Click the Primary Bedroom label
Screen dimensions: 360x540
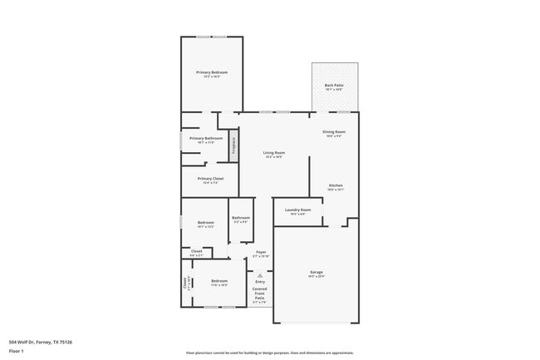pyautogui.click(x=212, y=72)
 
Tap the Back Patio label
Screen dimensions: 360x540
pyautogui.click(x=334, y=86)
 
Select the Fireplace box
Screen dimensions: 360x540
pyautogui.click(x=234, y=147)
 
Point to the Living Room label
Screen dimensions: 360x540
pyautogui.click(x=274, y=153)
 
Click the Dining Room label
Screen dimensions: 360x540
pyautogui.click(x=334, y=132)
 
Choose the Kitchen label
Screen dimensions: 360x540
pyautogui.click(x=335, y=185)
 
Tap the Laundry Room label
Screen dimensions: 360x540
pyautogui.click(x=297, y=210)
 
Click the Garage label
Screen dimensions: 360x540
pyautogui.click(x=317, y=272)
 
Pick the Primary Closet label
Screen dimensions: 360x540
pyautogui.click(x=210, y=179)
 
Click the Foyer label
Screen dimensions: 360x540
pyautogui.click(x=261, y=252)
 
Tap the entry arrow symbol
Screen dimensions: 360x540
pyautogui.click(x=260, y=275)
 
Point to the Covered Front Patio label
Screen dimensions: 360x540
pyautogui.click(x=260, y=292)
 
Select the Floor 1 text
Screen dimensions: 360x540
pyautogui.click(x=17, y=351)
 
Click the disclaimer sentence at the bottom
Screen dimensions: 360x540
pyautogui.click(x=269, y=353)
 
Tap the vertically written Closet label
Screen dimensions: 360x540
pyautogui.click(x=185, y=282)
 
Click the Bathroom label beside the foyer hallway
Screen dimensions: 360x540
pyautogui.click(x=241, y=218)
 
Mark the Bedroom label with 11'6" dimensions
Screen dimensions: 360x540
pyautogui.click(x=219, y=281)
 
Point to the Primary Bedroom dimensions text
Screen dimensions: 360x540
pyautogui.click(x=212, y=76)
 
